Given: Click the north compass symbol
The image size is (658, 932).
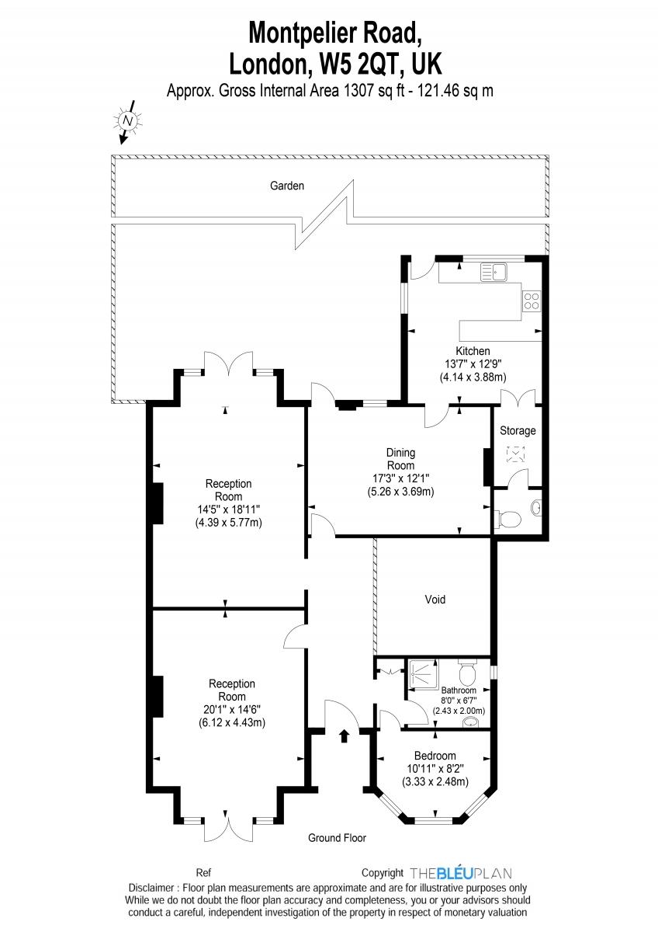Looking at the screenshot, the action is (127, 121).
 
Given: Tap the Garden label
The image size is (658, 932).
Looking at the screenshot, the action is (287, 186).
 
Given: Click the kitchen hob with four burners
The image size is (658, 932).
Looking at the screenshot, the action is (532, 301).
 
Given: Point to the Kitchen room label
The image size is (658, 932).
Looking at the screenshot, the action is (473, 351).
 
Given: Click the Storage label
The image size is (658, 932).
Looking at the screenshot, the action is (518, 430).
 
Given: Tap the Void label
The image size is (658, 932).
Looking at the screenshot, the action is (435, 600).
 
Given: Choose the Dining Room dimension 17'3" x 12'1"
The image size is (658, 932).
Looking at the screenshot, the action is (400, 478).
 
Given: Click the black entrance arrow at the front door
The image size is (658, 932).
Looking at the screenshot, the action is (344, 736).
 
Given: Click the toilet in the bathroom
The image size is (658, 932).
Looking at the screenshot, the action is (469, 671).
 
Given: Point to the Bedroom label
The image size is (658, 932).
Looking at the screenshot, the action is (435, 756).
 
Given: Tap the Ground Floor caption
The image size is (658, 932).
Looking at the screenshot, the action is (337, 837).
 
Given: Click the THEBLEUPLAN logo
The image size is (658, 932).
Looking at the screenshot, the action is (461, 872).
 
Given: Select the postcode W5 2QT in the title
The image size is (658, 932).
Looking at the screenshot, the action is (359, 65).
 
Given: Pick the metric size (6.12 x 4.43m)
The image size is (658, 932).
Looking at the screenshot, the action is (231, 722).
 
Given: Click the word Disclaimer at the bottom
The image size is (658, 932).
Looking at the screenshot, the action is (151, 888).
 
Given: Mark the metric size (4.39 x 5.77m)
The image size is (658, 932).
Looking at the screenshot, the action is (228, 522).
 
